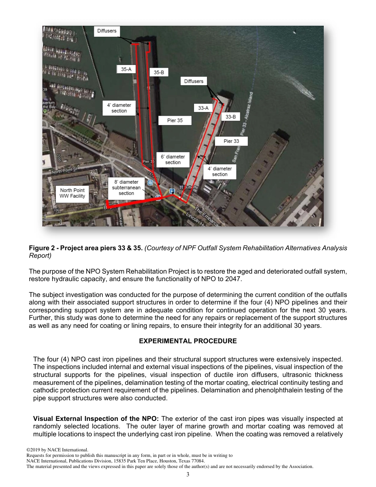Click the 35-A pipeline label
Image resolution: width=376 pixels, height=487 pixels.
pos(126,69)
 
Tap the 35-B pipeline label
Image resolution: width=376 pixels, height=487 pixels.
pos(159,72)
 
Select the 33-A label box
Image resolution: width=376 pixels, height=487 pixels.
pos(203,108)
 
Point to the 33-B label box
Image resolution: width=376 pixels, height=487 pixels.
pos(230,117)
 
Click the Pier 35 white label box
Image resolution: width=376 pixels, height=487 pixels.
pos(175,120)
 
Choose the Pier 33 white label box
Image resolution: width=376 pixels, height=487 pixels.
pos(231,141)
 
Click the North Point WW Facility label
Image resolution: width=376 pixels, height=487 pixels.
pos(72,193)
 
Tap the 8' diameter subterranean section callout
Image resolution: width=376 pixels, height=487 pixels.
pos(126,188)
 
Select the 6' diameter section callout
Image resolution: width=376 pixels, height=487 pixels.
pos(173,160)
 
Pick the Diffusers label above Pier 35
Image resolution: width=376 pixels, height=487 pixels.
pos(107,31)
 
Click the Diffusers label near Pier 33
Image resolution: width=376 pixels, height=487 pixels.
pos(194,81)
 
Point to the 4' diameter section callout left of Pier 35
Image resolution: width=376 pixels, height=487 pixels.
pos(119,108)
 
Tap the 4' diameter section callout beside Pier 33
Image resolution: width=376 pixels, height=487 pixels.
pos(220,171)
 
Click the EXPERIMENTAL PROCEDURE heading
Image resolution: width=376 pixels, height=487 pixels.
pos(188,341)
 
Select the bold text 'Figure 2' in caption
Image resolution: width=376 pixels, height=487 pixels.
pos(42,248)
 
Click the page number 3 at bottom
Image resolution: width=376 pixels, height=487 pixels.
pos(188,474)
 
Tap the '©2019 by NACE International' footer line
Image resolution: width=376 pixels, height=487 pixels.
pos(57,450)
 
